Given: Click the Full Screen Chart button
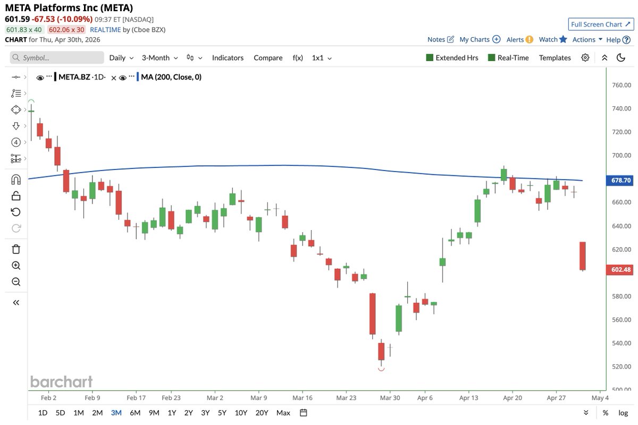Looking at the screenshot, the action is (600, 24).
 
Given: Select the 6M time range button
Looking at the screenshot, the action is (135, 413).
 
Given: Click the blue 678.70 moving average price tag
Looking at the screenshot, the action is (619, 181).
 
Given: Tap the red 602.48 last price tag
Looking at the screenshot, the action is (619, 270).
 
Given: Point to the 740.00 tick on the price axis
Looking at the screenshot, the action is (621, 108).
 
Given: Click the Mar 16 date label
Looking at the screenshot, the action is (302, 397).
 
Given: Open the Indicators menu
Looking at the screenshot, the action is (228, 57).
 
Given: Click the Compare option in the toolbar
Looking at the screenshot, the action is (268, 57).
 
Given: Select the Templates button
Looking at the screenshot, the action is (555, 57).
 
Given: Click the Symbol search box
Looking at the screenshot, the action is (57, 57).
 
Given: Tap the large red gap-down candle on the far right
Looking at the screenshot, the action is (583, 256).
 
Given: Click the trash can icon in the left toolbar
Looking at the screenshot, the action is (16, 249).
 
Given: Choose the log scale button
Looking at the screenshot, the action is (623, 413).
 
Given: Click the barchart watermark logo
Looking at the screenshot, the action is (61, 381).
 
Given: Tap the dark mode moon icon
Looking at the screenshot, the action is (620, 57).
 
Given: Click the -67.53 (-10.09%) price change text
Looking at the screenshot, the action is (63, 19).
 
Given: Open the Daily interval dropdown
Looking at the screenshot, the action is (121, 57).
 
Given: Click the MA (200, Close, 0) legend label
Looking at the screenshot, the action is (171, 77).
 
